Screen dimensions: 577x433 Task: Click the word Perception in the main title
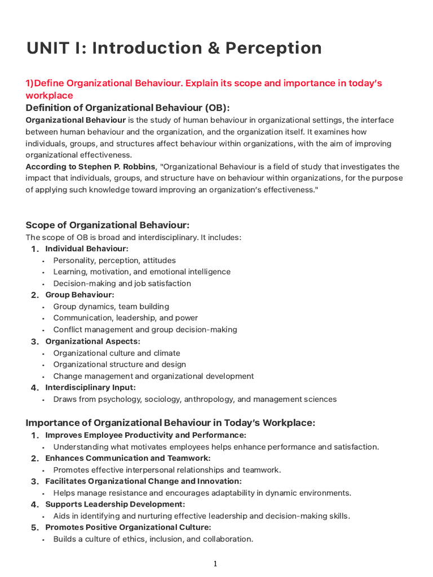pyautogui.click(x=273, y=48)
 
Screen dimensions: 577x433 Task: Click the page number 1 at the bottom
pyautogui.click(x=215, y=564)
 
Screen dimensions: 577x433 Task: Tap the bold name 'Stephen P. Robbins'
pyautogui.click(x=116, y=167)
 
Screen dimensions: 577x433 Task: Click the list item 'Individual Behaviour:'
pyautogui.click(x=87, y=248)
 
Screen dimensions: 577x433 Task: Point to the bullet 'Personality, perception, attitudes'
pyautogui.click(x=114, y=260)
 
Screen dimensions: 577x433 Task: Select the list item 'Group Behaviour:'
pyautogui.click(x=79, y=295)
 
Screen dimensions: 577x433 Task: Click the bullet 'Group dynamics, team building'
pyautogui.click(x=111, y=307)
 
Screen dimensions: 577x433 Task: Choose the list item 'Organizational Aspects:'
pyautogui.click(x=93, y=341)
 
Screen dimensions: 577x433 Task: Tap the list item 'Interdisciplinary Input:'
pyautogui.click(x=90, y=388)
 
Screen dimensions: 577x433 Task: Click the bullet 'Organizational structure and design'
pyautogui.click(x=120, y=365)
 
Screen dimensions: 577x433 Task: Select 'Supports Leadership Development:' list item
pyautogui.click(x=115, y=504)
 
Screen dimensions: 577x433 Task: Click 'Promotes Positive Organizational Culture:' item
pyautogui.click(x=128, y=527)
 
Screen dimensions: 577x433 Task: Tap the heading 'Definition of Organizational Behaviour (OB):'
pyautogui.click(x=128, y=108)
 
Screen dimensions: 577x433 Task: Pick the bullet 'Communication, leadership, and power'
pyautogui.click(x=126, y=318)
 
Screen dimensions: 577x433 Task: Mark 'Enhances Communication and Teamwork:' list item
pyautogui.click(x=127, y=458)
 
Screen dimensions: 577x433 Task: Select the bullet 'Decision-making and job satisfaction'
pyautogui.click(x=122, y=283)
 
